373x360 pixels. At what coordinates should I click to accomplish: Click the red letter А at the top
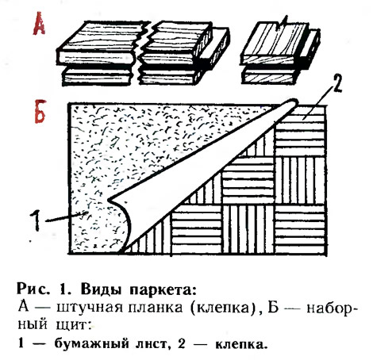point(39,25)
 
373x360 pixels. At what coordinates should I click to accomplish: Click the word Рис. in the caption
point(33,289)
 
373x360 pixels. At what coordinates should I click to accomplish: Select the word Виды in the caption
point(101,289)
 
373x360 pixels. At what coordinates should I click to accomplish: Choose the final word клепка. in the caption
point(240,344)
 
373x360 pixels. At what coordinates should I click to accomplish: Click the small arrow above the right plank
point(282,23)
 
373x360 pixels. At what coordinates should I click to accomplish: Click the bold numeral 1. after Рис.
point(63,289)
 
